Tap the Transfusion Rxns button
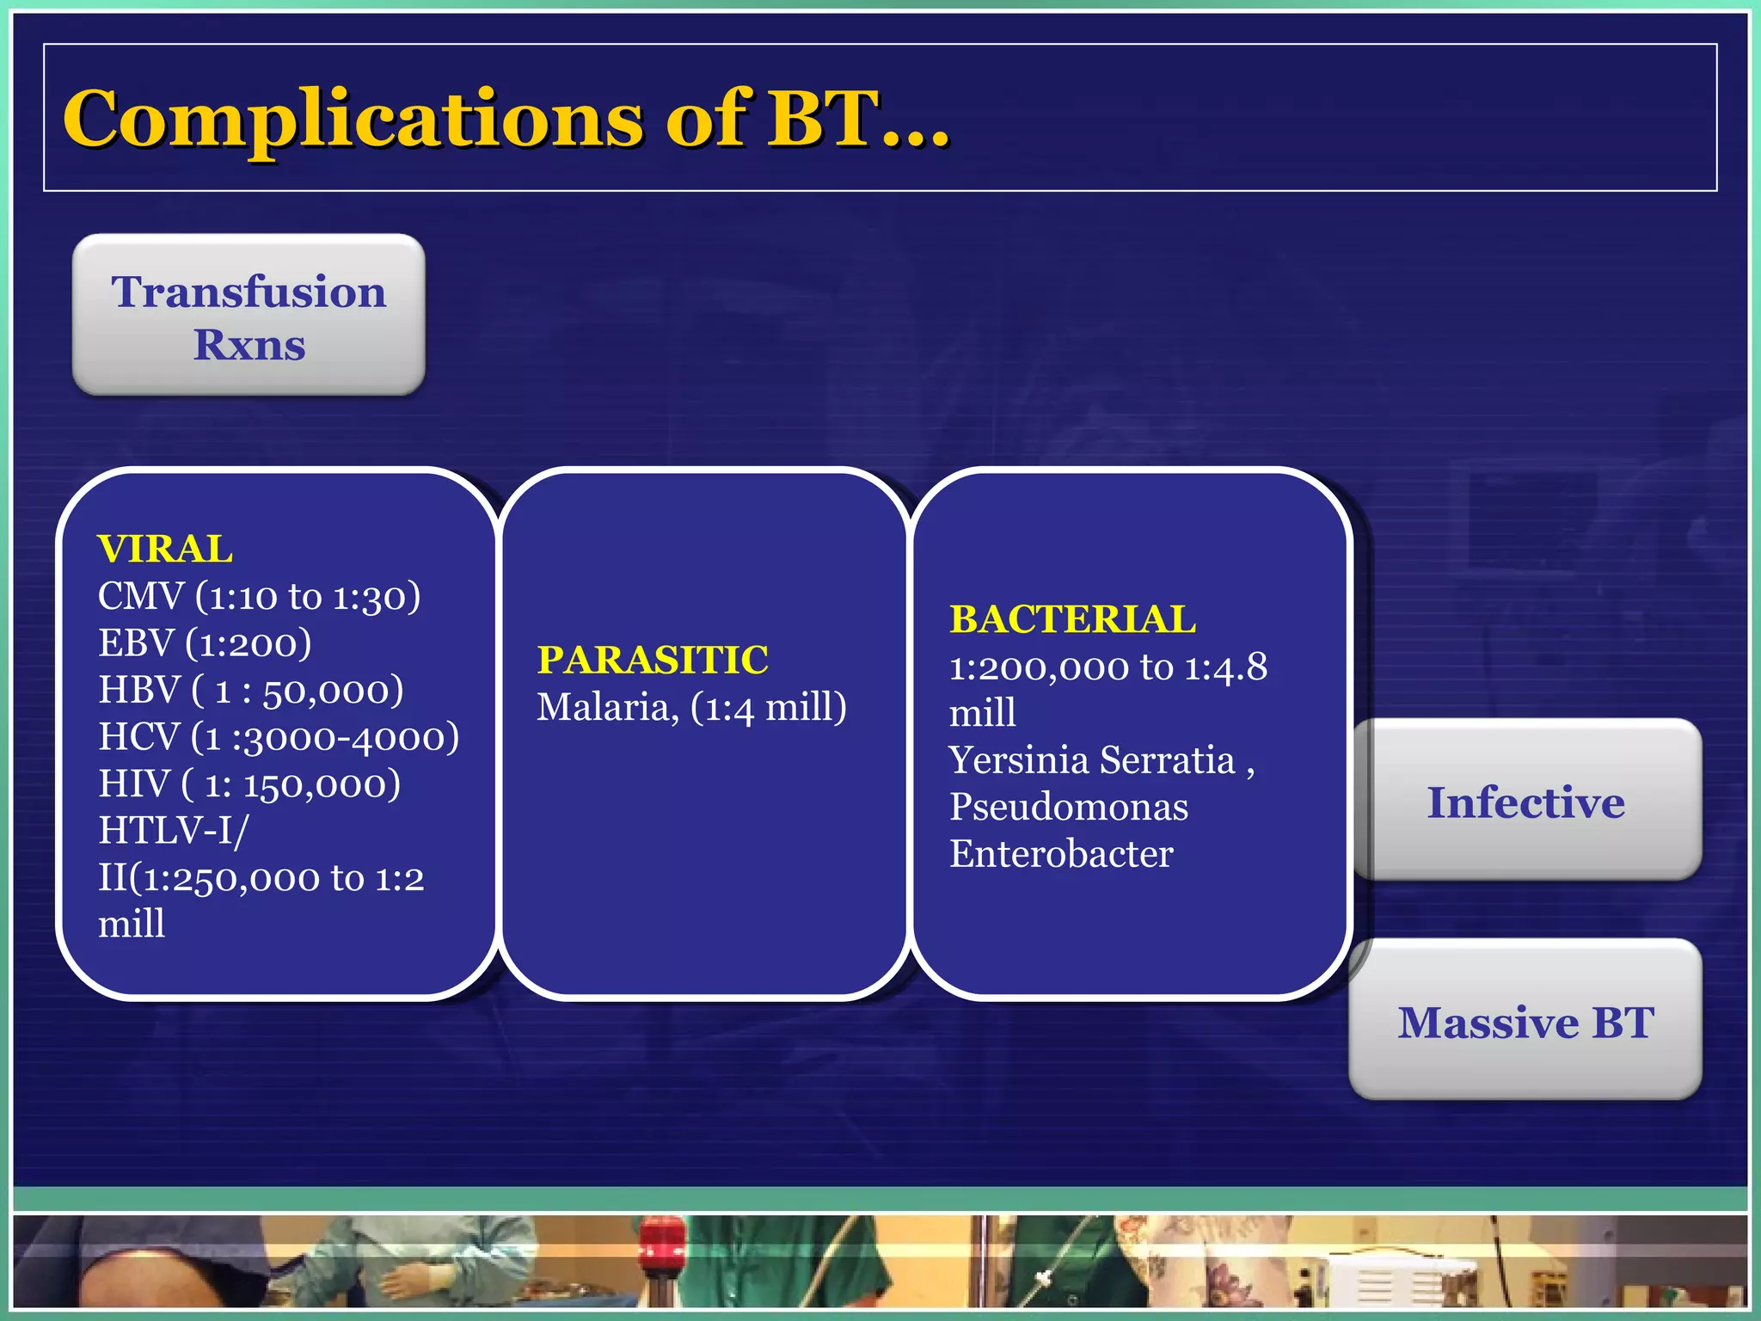249,316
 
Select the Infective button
1525,802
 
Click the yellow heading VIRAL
165,549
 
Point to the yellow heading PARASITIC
653,660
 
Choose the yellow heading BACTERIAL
1072,619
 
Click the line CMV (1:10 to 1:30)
259,596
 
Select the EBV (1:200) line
205,642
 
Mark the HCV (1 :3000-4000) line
279,737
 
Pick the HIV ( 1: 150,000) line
249,783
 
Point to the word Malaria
607,707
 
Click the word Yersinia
1018,760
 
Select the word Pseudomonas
1069,807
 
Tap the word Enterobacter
1061,853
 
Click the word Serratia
1167,760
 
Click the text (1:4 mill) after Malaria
768,707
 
